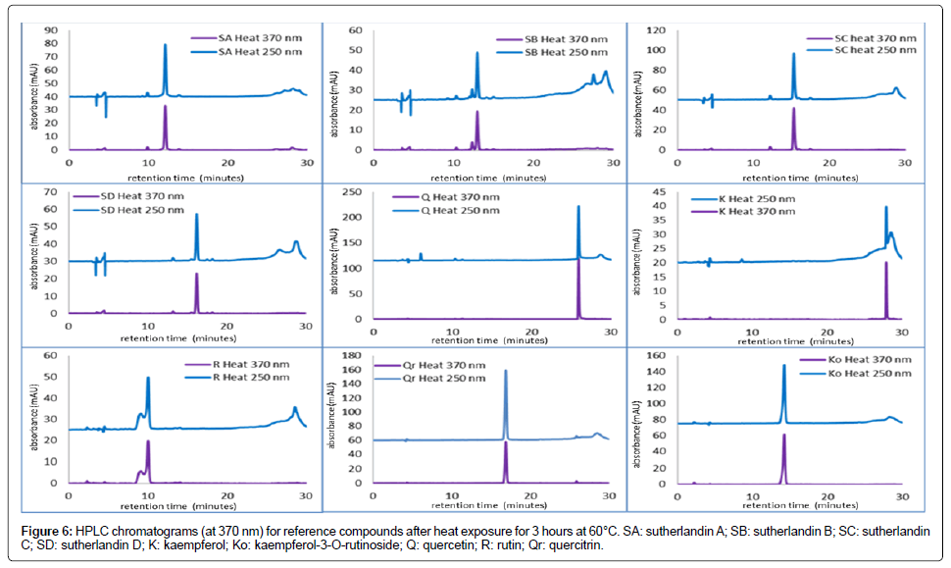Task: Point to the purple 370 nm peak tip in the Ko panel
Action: [784, 435]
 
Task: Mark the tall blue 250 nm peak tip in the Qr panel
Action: [506, 371]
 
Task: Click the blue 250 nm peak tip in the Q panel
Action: [578, 207]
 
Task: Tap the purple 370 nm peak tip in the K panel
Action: [886, 263]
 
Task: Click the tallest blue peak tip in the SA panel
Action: [165, 44]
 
